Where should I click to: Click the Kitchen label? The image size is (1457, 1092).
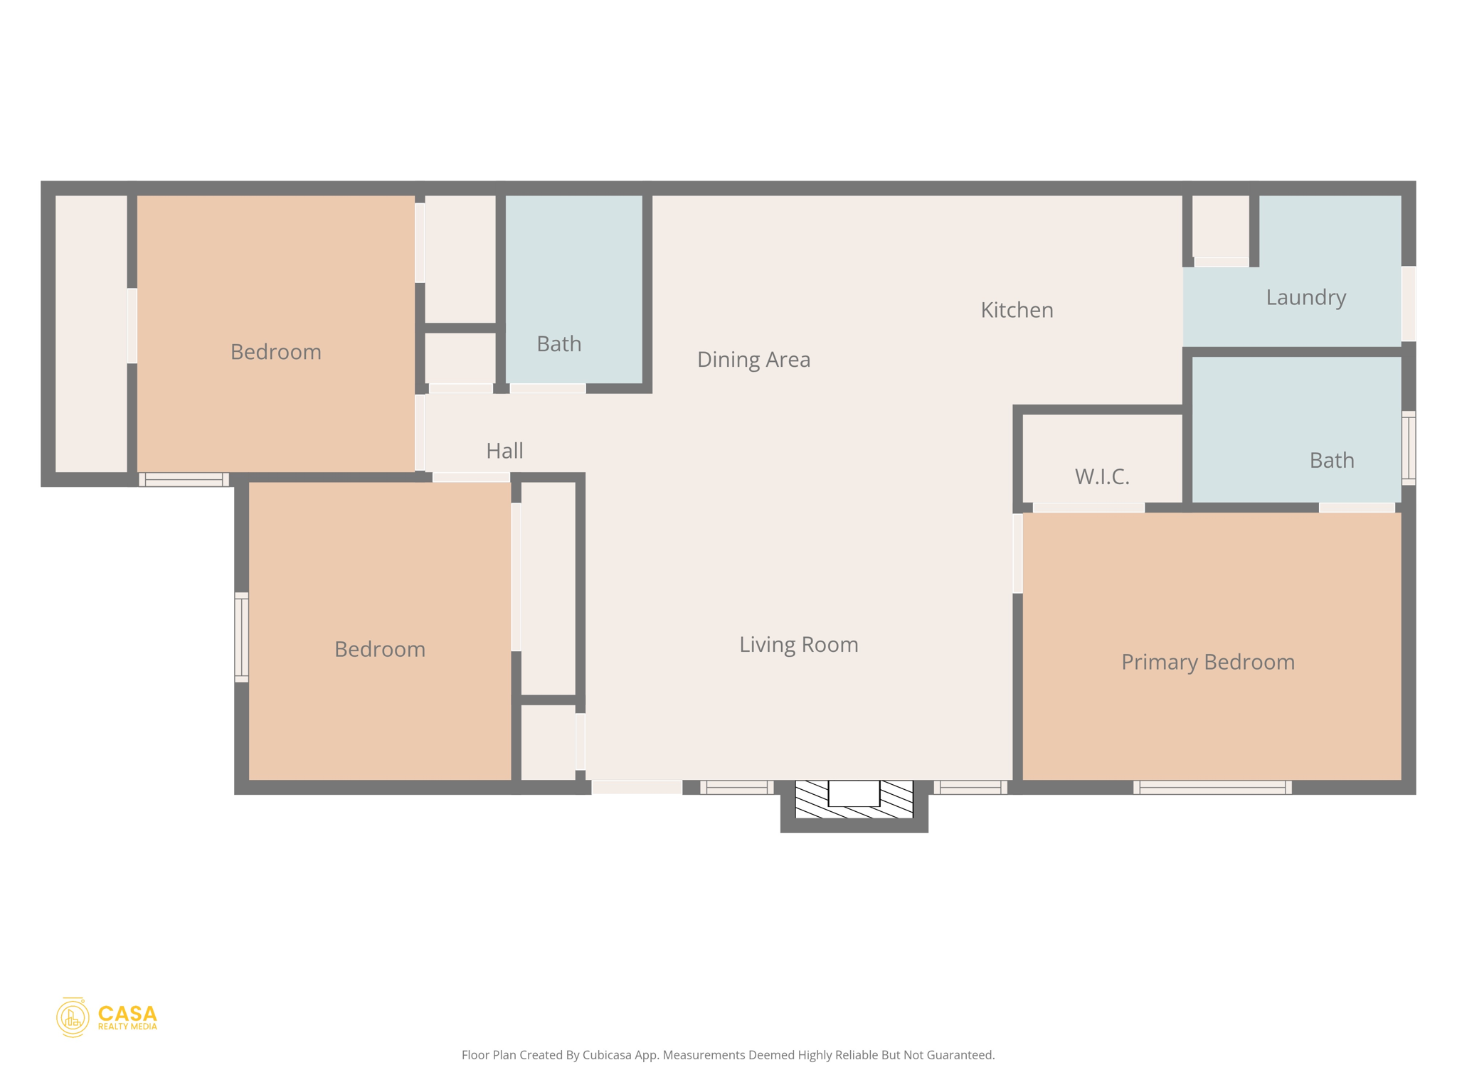1017,310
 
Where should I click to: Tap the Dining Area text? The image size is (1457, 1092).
753,360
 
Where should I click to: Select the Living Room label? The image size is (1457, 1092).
798,644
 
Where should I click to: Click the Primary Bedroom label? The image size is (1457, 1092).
1207,662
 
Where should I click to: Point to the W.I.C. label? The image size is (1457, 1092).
1102,476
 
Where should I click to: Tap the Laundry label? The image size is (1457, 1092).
1305,297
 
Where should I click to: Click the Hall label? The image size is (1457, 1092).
504,451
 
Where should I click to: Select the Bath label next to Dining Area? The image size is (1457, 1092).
558,344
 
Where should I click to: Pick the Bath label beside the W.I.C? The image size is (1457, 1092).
1331,461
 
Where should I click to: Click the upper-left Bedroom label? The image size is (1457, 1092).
275,352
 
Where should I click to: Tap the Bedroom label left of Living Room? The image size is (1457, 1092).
379,649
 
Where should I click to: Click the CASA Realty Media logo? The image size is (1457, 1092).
107,1017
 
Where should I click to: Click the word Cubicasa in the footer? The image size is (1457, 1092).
607,1055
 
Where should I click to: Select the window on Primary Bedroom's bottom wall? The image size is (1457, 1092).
1212,787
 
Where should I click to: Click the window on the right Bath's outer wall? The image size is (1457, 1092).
1408,448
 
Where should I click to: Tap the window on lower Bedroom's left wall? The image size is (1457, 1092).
242,637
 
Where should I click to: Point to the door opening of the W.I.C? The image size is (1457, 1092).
1088,508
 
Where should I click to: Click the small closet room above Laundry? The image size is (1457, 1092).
1220,226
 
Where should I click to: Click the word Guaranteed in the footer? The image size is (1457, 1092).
962,1055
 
